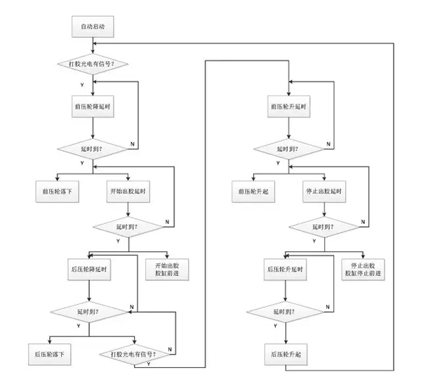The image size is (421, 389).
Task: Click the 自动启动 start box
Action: [x=93, y=27]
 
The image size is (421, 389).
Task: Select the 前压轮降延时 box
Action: [x=93, y=107]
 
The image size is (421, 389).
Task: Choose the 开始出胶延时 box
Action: [x=129, y=191]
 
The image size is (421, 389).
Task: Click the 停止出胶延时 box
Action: [x=325, y=191]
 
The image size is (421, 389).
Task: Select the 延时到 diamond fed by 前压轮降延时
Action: [x=93, y=150]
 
